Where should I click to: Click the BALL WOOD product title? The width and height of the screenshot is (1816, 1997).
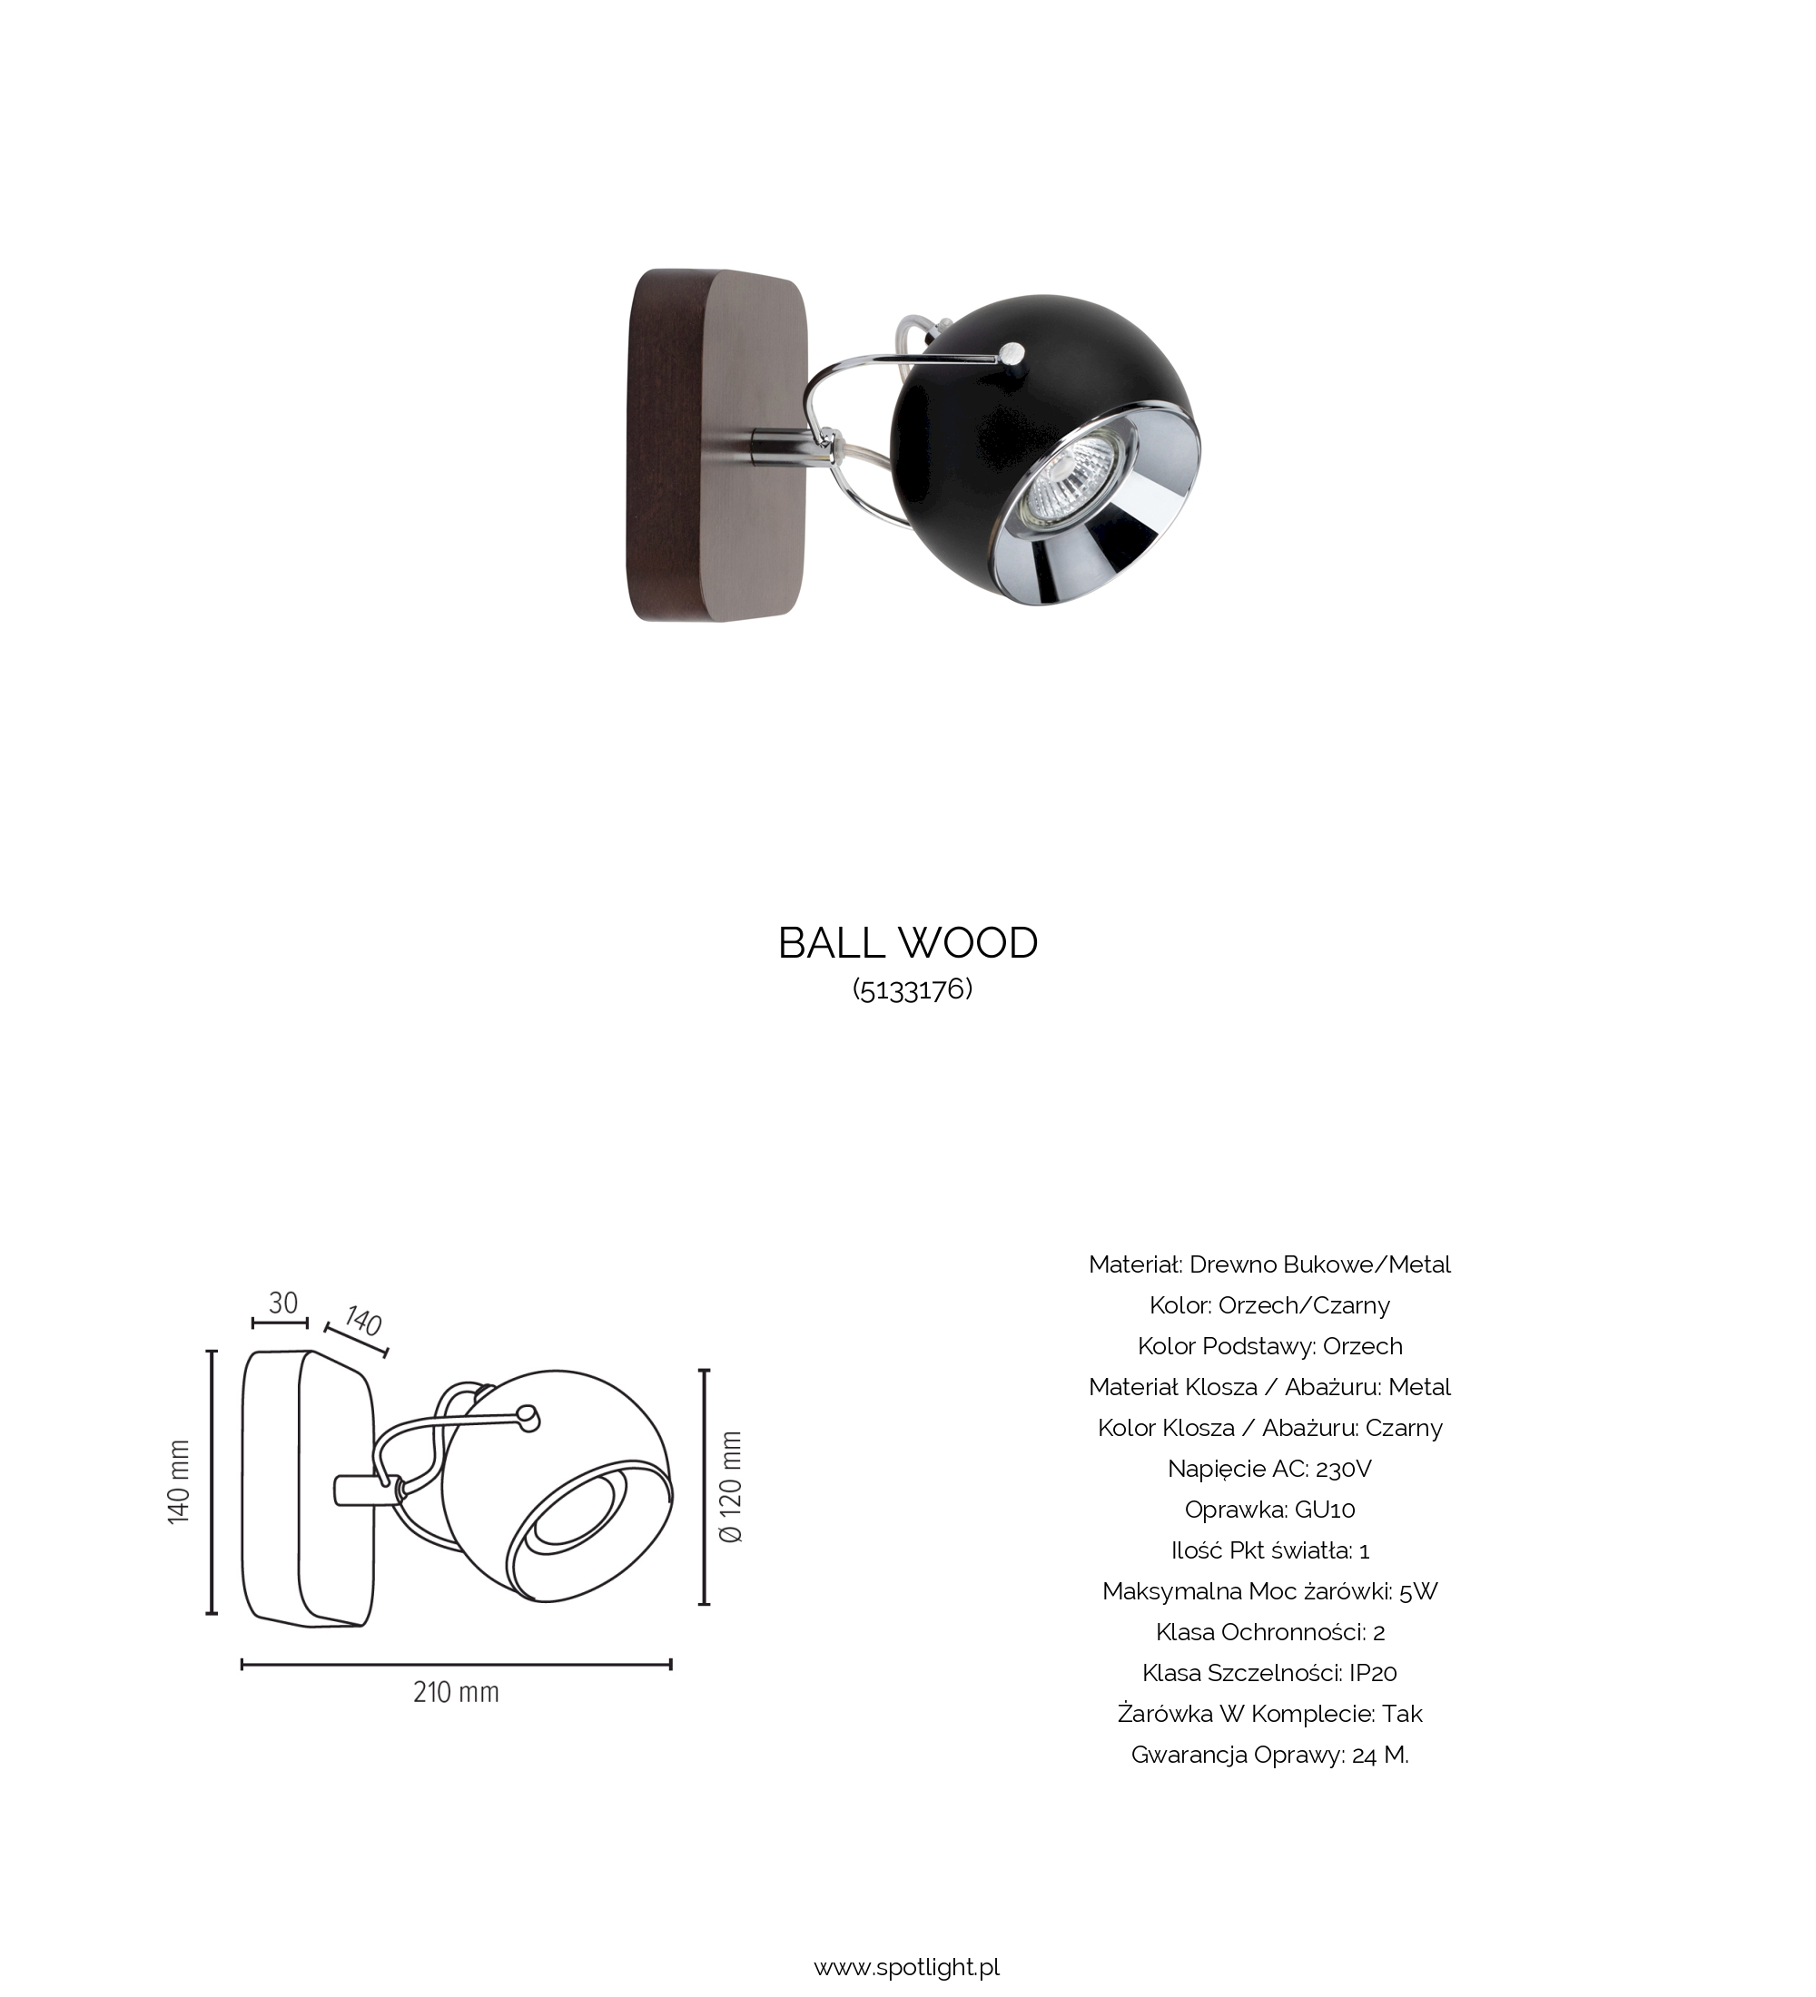(907, 943)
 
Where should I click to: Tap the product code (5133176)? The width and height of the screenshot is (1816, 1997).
(913, 989)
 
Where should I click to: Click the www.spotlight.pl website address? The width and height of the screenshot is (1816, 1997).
(906, 1966)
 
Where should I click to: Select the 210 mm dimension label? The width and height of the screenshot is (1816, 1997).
(456, 1692)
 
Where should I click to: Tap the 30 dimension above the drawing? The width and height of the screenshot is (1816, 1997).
(283, 1303)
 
